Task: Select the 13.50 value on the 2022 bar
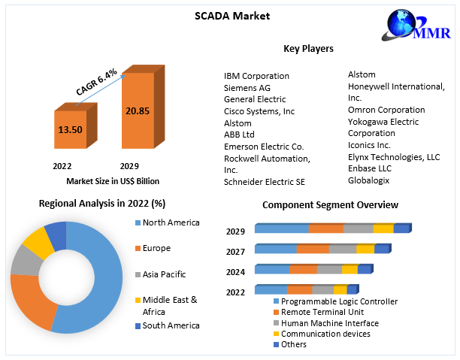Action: (70, 129)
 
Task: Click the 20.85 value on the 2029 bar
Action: (138, 110)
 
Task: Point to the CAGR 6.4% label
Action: (97, 82)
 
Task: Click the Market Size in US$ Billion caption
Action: (113, 181)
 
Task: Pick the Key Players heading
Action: (308, 49)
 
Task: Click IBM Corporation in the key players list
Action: (256, 76)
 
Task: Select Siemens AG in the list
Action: (247, 88)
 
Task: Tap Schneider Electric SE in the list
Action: (265, 182)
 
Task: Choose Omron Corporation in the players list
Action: (387, 110)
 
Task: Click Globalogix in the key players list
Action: (369, 180)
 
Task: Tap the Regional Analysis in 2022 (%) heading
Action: (102, 203)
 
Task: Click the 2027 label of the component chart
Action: (235, 252)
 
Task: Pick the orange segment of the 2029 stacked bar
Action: (326, 228)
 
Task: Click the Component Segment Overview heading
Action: (330, 204)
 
